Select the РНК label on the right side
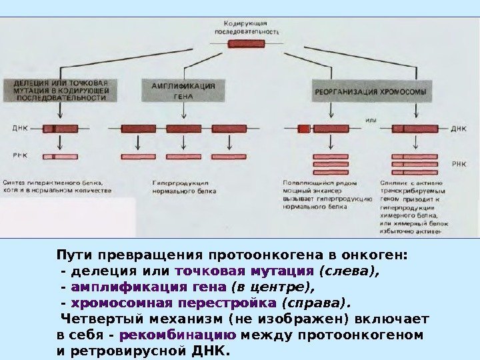(x=459, y=163)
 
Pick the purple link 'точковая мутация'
(x=244, y=271)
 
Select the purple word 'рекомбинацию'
(x=179, y=334)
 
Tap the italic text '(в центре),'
(x=272, y=287)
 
